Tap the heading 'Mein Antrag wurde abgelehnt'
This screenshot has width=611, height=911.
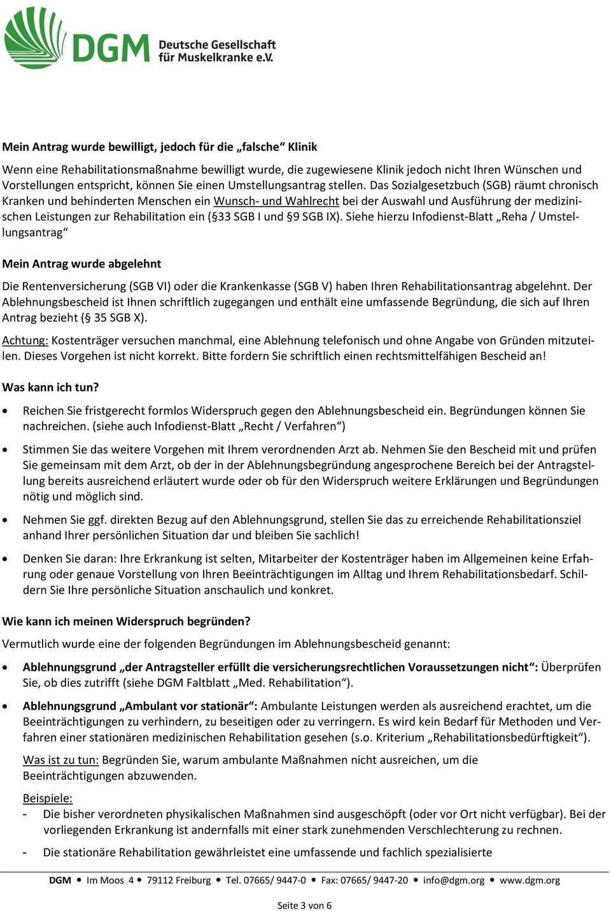[x=82, y=263]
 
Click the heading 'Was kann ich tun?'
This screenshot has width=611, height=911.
[x=51, y=386]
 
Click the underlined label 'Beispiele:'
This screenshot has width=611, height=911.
[x=48, y=797]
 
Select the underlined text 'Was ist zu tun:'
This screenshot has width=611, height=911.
[x=60, y=759]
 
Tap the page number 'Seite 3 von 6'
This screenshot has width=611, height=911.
[x=304, y=905]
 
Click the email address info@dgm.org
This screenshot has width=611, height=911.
[x=453, y=880]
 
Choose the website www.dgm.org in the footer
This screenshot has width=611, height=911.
[x=530, y=880]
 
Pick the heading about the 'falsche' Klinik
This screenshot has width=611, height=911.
[x=160, y=146]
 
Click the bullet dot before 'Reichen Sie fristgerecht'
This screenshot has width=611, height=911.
[x=7, y=411]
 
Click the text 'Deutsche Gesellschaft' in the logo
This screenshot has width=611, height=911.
[x=217, y=44]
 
